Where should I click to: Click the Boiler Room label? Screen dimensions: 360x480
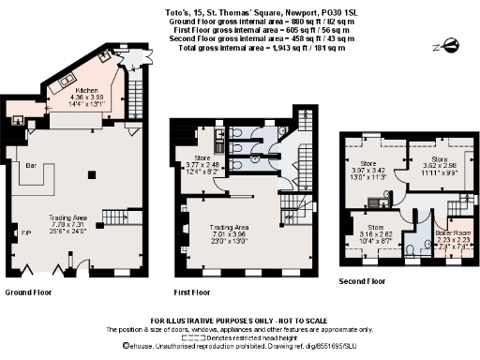pos(453,231)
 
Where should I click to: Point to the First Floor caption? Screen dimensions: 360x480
pos(191,292)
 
